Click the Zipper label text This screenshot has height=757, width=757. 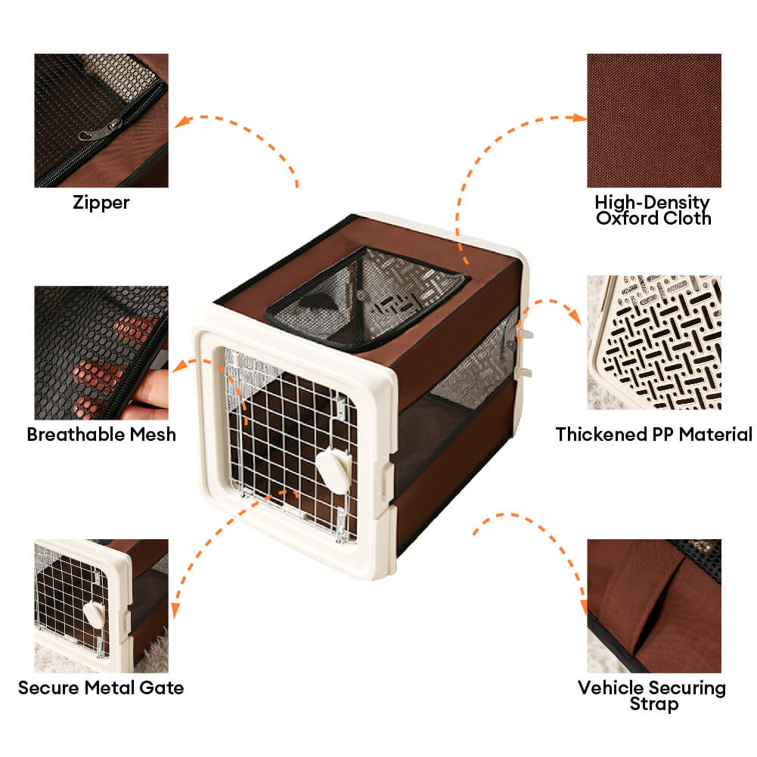[x=101, y=202]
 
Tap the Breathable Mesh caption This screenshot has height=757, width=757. [x=101, y=434]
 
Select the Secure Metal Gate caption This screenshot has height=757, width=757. [x=101, y=687]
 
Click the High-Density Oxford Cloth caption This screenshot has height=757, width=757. [x=653, y=210]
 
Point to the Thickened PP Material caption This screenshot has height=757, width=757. [x=653, y=434]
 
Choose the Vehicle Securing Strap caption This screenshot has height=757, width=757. [x=652, y=695]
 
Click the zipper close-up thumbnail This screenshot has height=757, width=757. [x=101, y=121]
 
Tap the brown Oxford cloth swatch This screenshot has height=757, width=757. [x=654, y=121]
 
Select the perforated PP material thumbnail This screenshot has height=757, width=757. [x=654, y=343]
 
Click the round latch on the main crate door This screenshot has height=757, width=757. [x=334, y=470]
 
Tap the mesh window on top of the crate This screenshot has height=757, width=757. [x=367, y=297]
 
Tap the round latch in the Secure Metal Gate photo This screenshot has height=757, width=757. [x=94, y=614]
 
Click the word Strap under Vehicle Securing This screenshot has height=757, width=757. [x=654, y=704]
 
